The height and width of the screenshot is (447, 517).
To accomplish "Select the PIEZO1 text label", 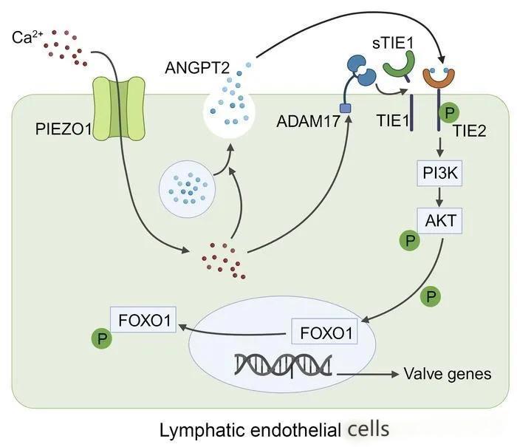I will [63, 130].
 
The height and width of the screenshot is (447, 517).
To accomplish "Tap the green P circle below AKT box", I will [408, 241].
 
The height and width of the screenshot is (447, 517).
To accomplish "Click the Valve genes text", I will [447, 374].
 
